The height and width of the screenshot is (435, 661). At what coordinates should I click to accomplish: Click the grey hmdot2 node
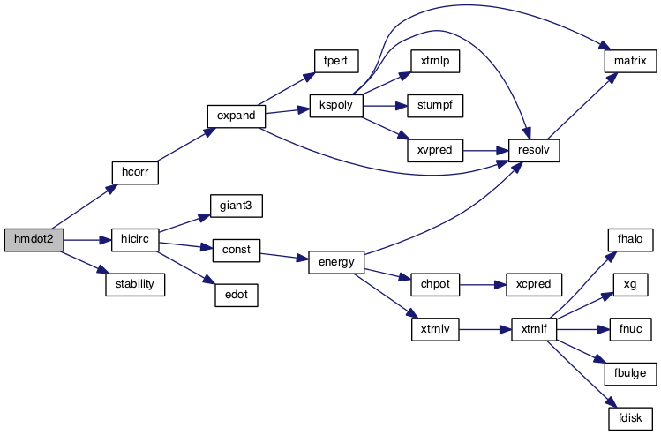click(x=34, y=239)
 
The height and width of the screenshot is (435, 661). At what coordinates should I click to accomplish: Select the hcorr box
click(x=134, y=172)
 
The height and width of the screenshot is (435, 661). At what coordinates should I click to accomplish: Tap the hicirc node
click(x=134, y=239)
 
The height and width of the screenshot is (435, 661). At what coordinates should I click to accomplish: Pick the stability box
click(x=134, y=284)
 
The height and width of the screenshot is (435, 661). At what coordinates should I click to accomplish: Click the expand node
click(x=236, y=116)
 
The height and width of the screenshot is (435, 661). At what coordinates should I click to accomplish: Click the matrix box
click(x=626, y=61)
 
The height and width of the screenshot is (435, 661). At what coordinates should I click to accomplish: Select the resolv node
click(x=534, y=150)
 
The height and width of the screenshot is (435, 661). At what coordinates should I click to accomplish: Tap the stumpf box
click(x=434, y=106)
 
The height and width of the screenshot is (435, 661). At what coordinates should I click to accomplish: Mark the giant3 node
click(x=236, y=206)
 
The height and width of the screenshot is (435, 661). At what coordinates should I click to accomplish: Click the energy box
click(x=331, y=262)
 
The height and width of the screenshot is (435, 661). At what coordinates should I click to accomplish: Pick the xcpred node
click(x=533, y=285)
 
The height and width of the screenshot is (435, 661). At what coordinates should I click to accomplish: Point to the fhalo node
click(x=630, y=239)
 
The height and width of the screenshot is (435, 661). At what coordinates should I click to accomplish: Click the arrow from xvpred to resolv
click(x=485, y=150)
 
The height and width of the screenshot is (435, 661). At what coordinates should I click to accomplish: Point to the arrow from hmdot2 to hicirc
click(x=86, y=239)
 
